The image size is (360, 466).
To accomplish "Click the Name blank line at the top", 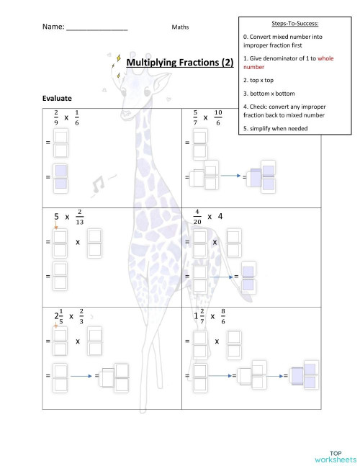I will pos(96,28).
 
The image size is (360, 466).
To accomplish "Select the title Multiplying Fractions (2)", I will pos(180,63).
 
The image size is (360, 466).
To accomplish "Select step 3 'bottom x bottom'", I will pos(269,93).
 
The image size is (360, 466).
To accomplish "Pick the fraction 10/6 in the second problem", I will pos(218,117).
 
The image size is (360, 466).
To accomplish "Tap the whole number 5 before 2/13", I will pos(57,215).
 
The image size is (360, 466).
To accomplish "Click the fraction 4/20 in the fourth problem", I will pos(197,216).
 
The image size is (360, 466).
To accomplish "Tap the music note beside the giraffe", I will pos(98,187).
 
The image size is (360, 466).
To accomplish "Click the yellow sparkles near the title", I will pos(116,64).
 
